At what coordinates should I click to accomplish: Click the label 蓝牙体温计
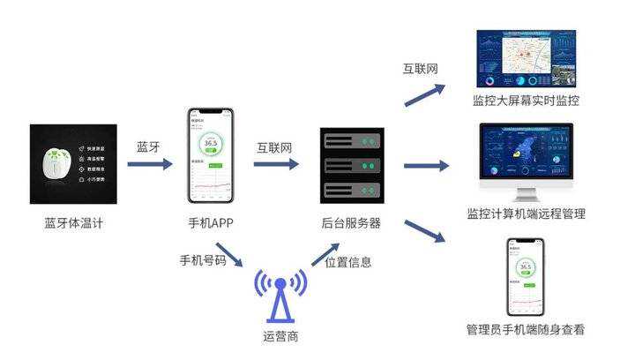74,223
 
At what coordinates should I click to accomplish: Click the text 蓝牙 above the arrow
148,146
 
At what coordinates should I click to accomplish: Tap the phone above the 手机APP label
211,155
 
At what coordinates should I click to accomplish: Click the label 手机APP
211,223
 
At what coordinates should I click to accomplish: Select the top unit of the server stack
352,141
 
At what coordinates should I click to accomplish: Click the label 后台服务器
351,223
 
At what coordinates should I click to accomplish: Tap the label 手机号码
203,260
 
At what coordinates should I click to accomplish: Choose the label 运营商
280,335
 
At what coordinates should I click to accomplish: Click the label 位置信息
347,262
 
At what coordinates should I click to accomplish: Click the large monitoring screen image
526,58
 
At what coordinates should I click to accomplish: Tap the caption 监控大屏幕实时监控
527,101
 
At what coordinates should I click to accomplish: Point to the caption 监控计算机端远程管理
527,214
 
